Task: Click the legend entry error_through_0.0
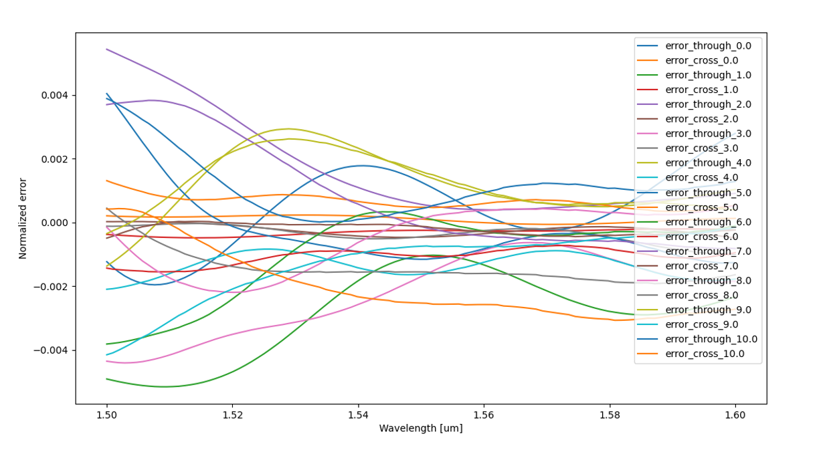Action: point(708,45)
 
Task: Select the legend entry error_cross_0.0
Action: point(705,60)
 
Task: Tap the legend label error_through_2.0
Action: point(708,104)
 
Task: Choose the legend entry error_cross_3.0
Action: point(705,148)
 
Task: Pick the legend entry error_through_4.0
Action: point(708,163)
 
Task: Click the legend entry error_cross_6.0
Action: point(705,237)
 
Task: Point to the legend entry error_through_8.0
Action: point(708,281)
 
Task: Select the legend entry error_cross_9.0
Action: point(705,324)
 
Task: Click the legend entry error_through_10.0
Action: point(711,339)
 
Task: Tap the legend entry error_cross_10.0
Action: point(707,354)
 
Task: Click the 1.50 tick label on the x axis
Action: point(107,415)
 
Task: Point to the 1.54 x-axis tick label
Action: point(358,415)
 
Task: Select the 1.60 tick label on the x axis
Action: point(735,415)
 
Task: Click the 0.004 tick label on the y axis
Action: point(55,96)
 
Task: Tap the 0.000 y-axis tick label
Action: point(55,223)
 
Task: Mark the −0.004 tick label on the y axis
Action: point(52,350)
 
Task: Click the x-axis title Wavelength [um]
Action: point(421,428)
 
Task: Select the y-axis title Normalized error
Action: point(23,218)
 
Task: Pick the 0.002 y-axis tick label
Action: point(55,159)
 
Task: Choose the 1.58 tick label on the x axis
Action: point(610,415)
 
